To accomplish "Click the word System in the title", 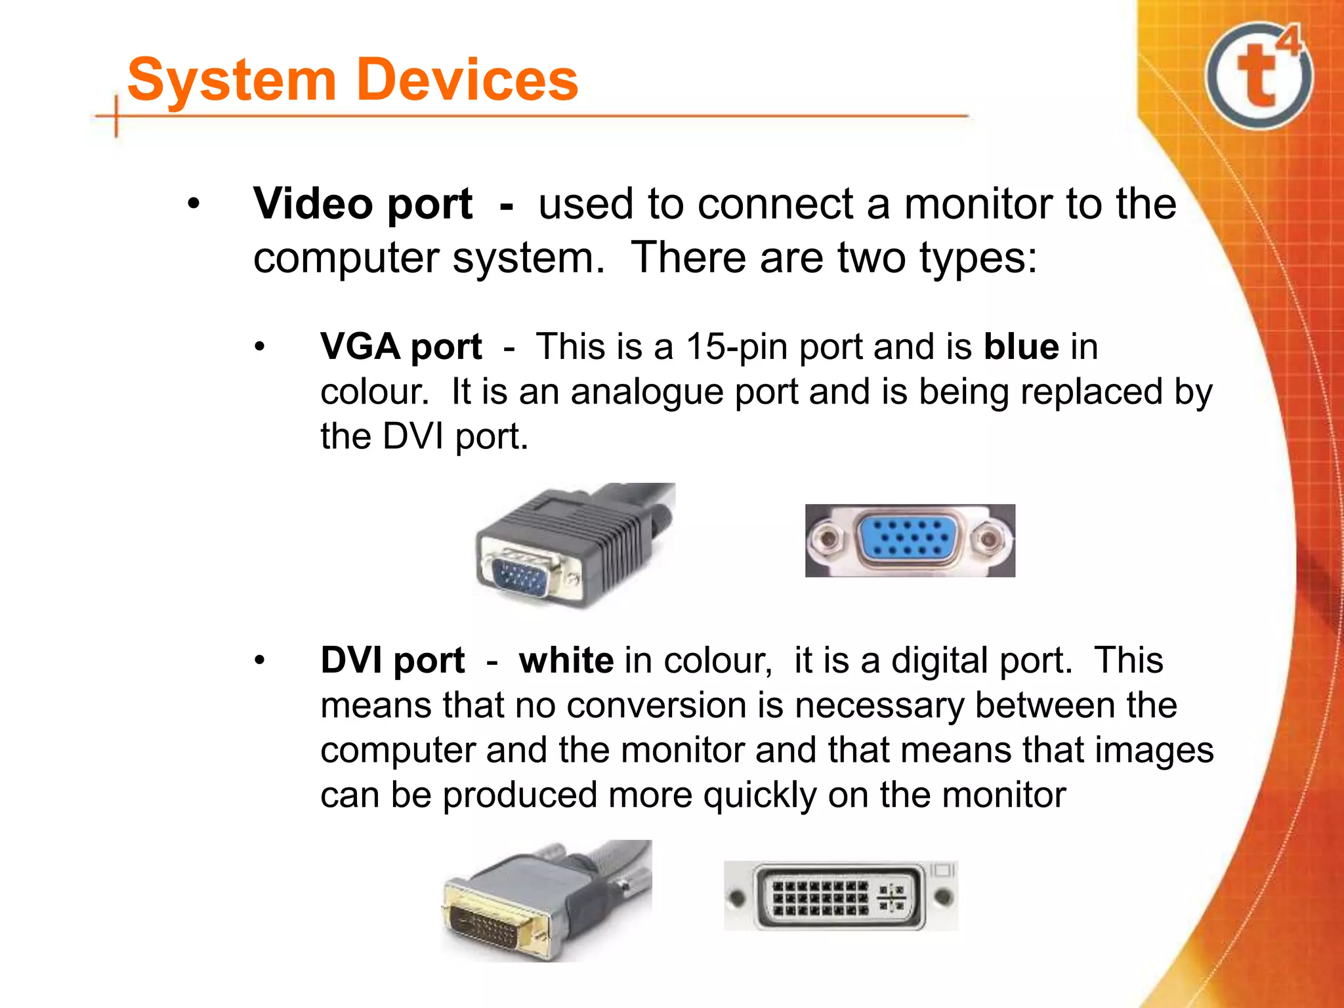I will (232, 80).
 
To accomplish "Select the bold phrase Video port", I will (363, 203).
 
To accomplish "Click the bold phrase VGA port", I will (401, 346).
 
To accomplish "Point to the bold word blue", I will (1021, 346).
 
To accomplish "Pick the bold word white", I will (566, 660).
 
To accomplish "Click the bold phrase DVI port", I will (392, 660).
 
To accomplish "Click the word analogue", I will (647, 392).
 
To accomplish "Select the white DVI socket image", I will (840, 896).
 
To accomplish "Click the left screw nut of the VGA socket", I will (828, 539).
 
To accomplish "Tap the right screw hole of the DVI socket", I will (943, 896).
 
